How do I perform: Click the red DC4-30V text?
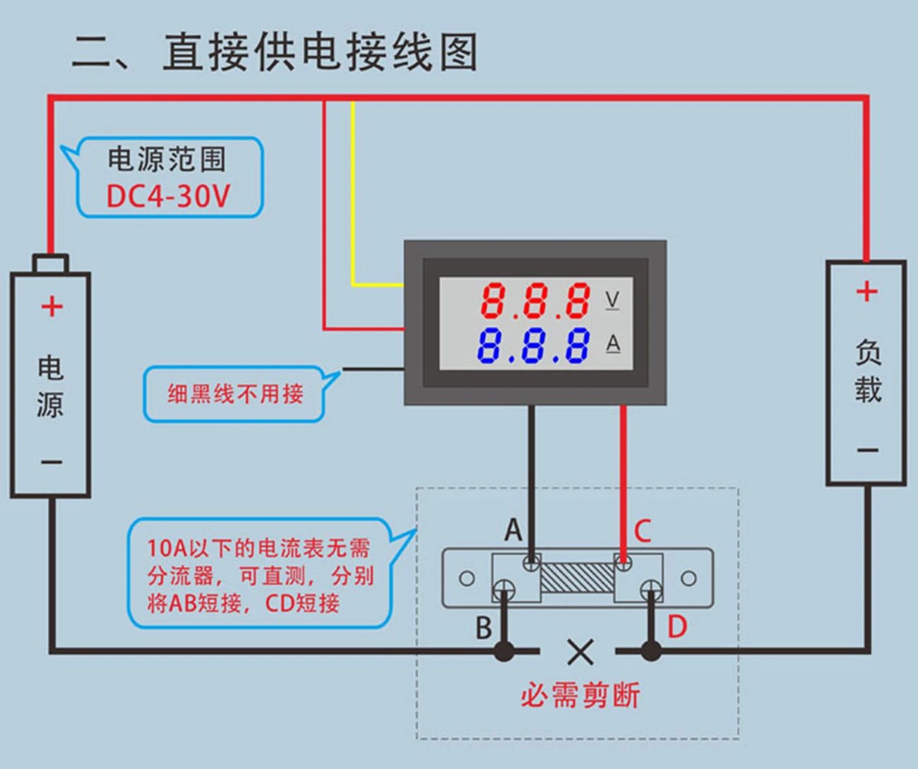168,196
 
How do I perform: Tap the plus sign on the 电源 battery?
52,306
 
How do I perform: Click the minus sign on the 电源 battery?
52,462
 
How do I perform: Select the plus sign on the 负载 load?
866,291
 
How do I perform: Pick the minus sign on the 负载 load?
867,450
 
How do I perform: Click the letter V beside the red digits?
612,300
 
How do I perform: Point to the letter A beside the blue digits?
613,344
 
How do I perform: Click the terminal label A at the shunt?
513,530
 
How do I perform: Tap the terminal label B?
484,628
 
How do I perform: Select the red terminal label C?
642,531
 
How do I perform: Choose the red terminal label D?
676,627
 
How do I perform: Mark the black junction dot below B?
504,651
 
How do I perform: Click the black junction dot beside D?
651,651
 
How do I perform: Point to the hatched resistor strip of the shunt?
577,578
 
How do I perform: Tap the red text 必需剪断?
580,696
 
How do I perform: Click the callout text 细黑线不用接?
235,393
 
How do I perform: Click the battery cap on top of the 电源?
51,264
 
